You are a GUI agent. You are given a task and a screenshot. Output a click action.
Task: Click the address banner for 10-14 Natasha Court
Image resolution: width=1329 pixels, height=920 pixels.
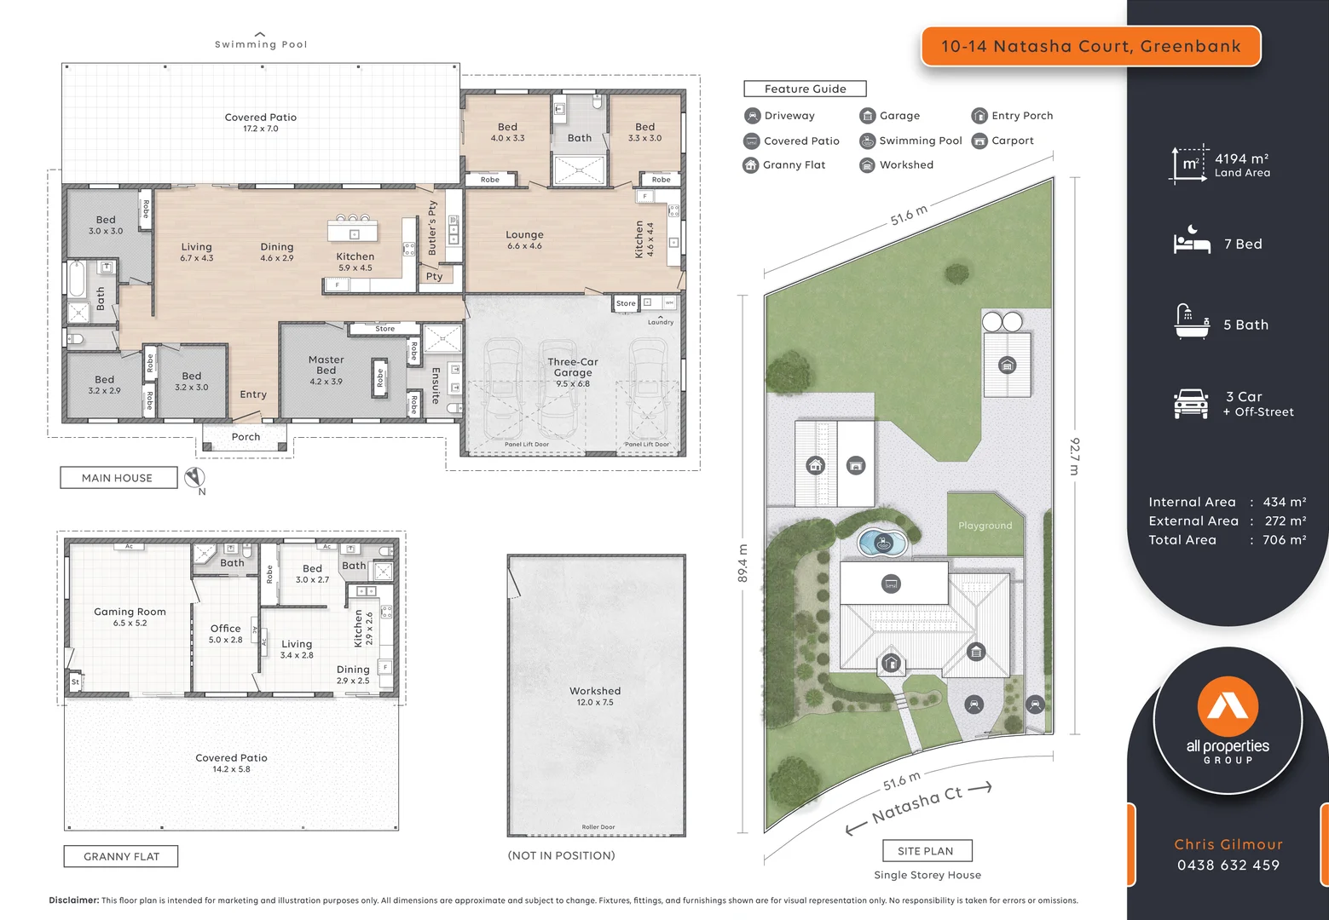(1090, 46)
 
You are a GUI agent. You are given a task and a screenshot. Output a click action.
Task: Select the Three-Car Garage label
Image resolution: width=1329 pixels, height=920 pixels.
(573, 368)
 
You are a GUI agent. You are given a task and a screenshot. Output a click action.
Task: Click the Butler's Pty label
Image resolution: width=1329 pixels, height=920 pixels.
(432, 228)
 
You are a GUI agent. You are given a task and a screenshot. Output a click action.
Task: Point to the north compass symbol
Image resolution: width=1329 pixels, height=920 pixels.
(194, 477)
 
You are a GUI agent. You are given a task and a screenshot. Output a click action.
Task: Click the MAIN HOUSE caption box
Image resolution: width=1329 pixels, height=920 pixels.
(118, 478)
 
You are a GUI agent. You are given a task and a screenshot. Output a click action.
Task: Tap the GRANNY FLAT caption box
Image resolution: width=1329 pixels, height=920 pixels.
(121, 856)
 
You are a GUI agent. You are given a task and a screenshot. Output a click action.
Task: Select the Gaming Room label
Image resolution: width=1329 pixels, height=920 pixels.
(130, 612)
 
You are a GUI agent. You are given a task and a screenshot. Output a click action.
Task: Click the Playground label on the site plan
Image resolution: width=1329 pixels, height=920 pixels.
(985, 526)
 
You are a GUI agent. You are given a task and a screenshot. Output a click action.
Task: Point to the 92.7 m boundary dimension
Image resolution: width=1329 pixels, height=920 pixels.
(1075, 457)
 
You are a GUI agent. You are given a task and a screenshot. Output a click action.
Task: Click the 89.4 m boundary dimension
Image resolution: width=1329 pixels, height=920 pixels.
(743, 563)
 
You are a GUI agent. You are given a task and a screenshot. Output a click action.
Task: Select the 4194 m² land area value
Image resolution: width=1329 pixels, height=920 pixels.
(1241, 158)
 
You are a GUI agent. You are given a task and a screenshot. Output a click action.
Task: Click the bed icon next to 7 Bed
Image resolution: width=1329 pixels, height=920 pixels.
(1191, 242)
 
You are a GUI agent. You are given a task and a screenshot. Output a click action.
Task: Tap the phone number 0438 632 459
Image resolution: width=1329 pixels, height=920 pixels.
(1228, 865)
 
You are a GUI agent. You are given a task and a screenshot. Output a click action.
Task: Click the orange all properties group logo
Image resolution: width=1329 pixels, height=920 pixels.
(1228, 706)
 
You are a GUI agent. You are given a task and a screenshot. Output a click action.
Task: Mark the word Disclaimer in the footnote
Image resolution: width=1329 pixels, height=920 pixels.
(74, 900)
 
